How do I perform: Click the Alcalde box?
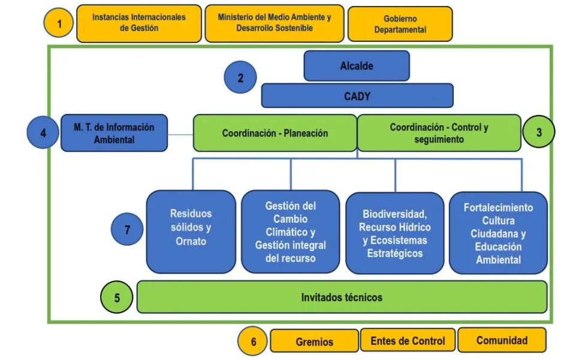pos(357,66)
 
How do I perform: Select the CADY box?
pos(357,96)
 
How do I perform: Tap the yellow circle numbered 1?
pos(59,24)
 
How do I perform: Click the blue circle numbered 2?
pos(240,78)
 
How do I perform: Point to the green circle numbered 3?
pos(538,132)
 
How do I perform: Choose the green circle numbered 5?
pos(117,298)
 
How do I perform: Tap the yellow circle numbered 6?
pos(254,341)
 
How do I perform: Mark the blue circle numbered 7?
pos(127,229)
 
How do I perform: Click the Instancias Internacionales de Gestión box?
pos(139,23)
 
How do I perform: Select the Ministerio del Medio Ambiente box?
pos(275,23)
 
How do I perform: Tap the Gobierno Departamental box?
pos(400,25)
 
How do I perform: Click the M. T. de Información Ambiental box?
pos(114,133)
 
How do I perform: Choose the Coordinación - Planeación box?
pos(275,133)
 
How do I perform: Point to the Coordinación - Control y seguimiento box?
pos(439,133)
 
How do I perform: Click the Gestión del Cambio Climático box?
pos(291,231)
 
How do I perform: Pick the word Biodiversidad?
pos(395,214)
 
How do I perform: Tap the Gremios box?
pos(314,341)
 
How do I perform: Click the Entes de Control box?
pos(408,340)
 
